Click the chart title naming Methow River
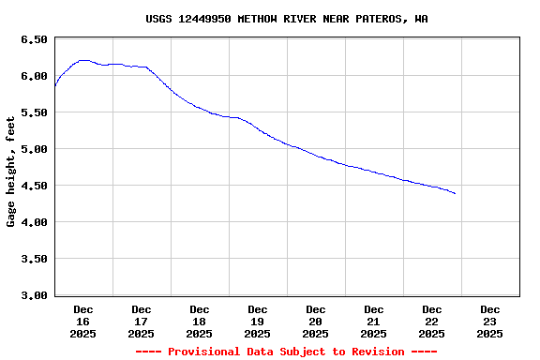point(287,19)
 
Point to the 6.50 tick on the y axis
point(33,39)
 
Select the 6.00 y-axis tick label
point(33,76)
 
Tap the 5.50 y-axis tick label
point(33,112)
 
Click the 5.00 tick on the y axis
point(33,149)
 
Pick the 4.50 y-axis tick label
point(33,186)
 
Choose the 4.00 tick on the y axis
point(33,222)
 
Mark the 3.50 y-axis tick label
point(33,259)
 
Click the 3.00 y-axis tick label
point(33,295)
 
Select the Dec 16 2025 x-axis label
point(82,321)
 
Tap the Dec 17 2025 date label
point(141,321)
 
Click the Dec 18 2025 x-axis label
point(199,321)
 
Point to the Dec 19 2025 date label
point(257,321)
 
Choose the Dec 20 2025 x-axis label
point(315,321)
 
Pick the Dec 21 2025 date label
point(373,321)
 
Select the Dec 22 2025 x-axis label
point(431,321)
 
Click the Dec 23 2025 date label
point(489,321)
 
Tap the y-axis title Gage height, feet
point(11,172)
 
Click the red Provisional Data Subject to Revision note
point(286,352)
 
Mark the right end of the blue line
point(455,193)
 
